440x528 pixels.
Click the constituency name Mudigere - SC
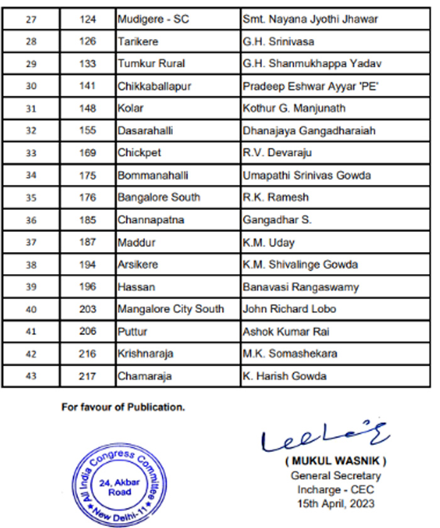[154, 19]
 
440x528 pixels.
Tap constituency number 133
[88, 63]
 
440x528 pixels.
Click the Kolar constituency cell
[131, 108]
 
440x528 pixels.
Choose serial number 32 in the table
[31, 131]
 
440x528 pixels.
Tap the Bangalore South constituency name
[159, 197]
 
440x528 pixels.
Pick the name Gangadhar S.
[277, 220]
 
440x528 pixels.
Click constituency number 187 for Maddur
[88, 243]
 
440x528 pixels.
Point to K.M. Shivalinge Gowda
[300, 265]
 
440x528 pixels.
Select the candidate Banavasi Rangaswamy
[301, 287]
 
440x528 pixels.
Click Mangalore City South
[170, 309]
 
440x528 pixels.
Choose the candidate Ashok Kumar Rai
[286, 332]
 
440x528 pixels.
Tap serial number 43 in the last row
[31, 377]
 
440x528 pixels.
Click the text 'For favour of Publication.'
[123, 407]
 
